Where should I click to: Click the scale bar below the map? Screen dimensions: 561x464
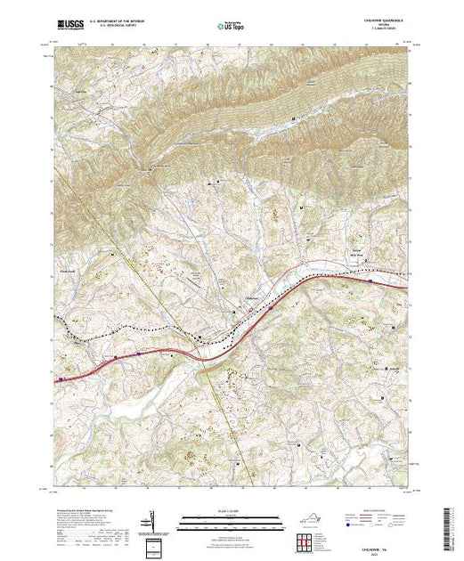[x=232, y=523]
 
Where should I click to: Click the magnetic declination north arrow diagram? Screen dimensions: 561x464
[x=156, y=520]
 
